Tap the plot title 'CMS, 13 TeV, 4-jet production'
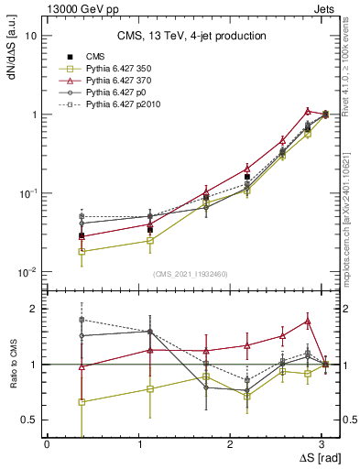point(191,37)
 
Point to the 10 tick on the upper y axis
point(31,36)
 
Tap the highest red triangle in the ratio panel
point(308,322)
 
